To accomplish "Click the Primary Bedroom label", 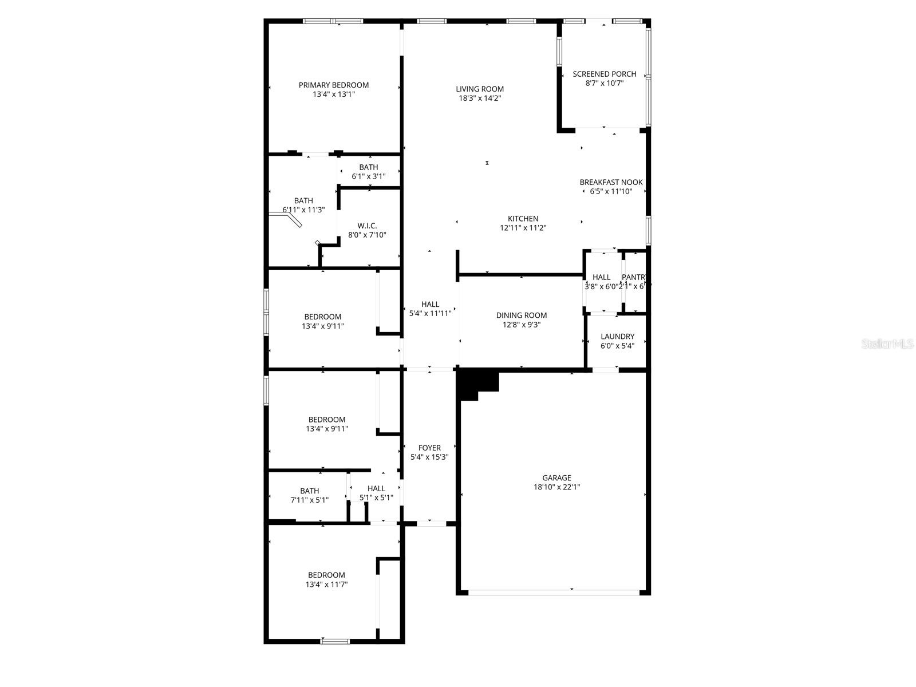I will pyautogui.click(x=334, y=85).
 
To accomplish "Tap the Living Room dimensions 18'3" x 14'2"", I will pyautogui.click(x=480, y=98).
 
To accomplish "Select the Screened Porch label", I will pyautogui.click(x=605, y=74).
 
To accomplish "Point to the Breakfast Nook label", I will pyautogui.click(x=611, y=182).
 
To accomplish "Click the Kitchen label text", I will pyautogui.click(x=523, y=219).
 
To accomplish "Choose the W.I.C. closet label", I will pyautogui.click(x=367, y=226).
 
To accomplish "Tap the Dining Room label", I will pyautogui.click(x=521, y=315).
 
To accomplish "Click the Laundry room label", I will pyautogui.click(x=617, y=337).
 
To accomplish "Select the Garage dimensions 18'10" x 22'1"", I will pyautogui.click(x=557, y=487).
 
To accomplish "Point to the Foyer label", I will pyautogui.click(x=429, y=448).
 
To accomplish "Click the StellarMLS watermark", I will pyautogui.click(x=888, y=344).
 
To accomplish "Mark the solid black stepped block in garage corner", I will pyautogui.click(x=477, y=382).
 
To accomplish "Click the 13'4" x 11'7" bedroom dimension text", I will pyautogui.click(x=326, y=585).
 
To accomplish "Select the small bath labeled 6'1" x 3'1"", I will pyautogui.click(x=369, y=172).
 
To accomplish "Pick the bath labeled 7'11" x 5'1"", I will pyautogui.click(x=309, y=495).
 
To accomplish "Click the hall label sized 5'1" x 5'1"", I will pyautogui.click(x=376, y=493).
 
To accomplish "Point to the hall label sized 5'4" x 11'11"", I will pyautogui.click(x=430, y=309).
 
